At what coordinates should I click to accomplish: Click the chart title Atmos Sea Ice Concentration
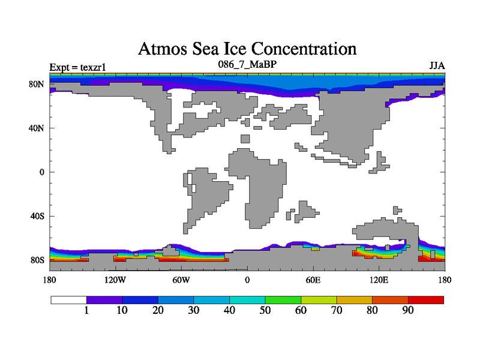click(x=247, y=49)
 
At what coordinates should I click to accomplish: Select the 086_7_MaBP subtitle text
click(x=247, y=63)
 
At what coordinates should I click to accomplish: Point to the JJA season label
click(x=437, y=65)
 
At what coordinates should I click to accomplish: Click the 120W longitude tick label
click(x=115, y=280)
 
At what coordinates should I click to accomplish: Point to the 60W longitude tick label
click(x=181, y=280)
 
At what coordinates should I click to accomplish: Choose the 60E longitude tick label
click(x=313, y=280)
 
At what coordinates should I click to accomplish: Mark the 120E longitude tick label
click(x=379, y=280)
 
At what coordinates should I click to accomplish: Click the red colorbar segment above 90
click(x=426, y=299)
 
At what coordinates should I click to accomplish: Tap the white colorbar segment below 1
click(x=68, y=299)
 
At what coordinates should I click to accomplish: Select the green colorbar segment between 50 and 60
click(x=283, y=299)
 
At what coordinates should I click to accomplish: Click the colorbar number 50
click(x=265, y=311)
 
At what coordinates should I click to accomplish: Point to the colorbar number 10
click(x=122, y=311)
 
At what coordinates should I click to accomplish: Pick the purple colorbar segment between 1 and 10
click(x=104, y=299)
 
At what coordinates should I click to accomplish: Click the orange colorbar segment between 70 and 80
click(x=355, y=299)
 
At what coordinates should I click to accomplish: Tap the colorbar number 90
click(x=408, y=311)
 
